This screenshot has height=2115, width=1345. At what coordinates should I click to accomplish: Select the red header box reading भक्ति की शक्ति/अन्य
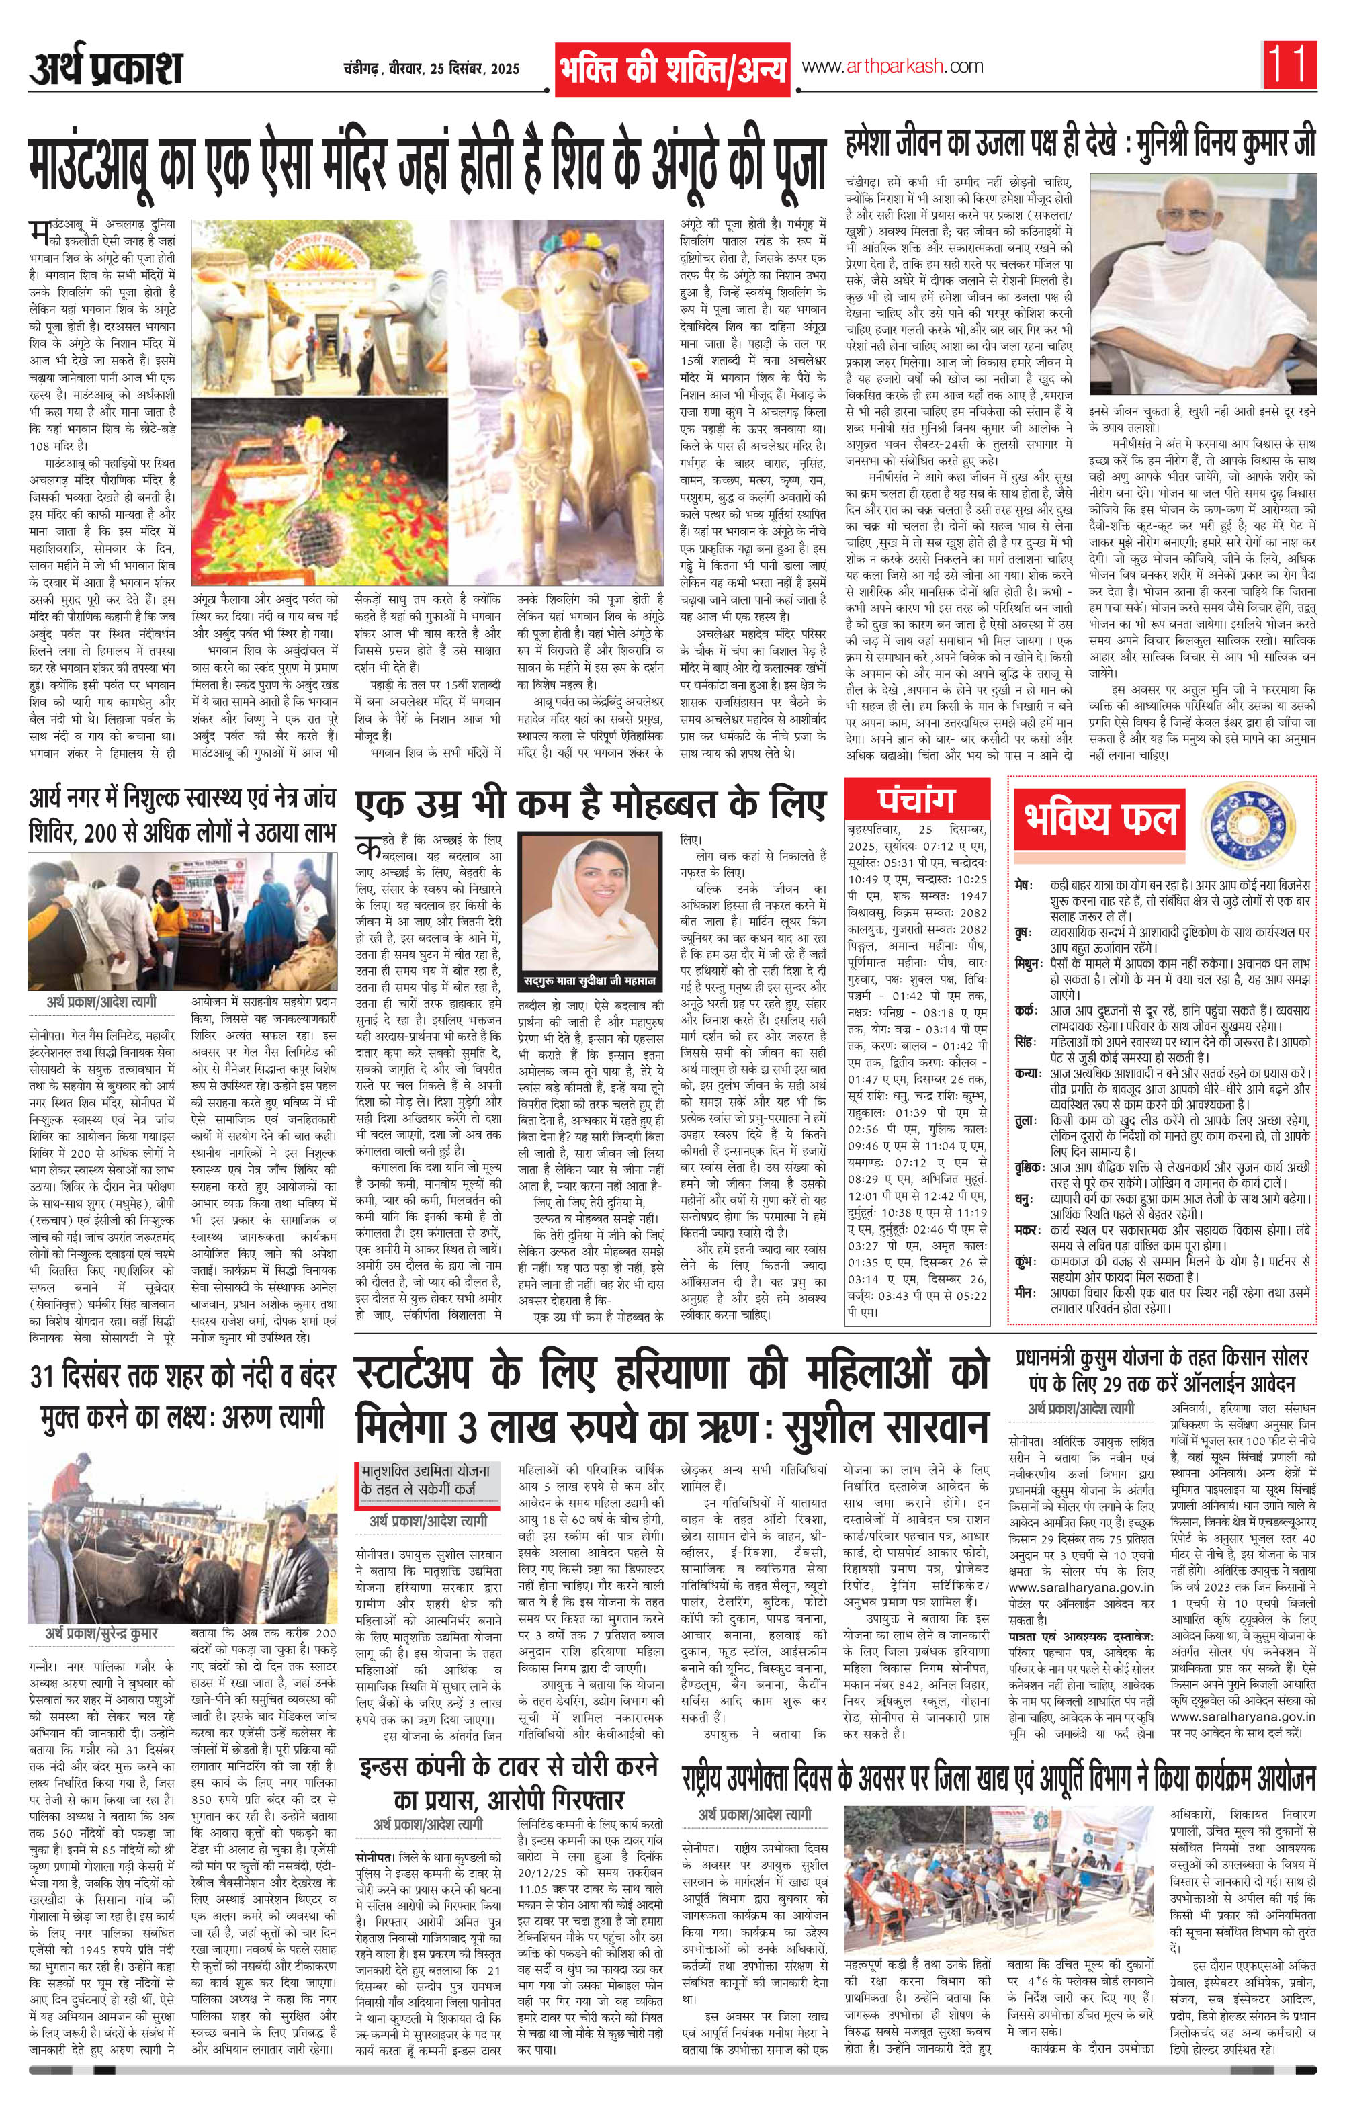tap(672, 69)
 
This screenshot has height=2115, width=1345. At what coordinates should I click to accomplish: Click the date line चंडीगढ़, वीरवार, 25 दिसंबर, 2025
tap(431, 69)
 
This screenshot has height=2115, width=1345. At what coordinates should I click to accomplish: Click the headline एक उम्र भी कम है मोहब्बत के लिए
tap(591, 802)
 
